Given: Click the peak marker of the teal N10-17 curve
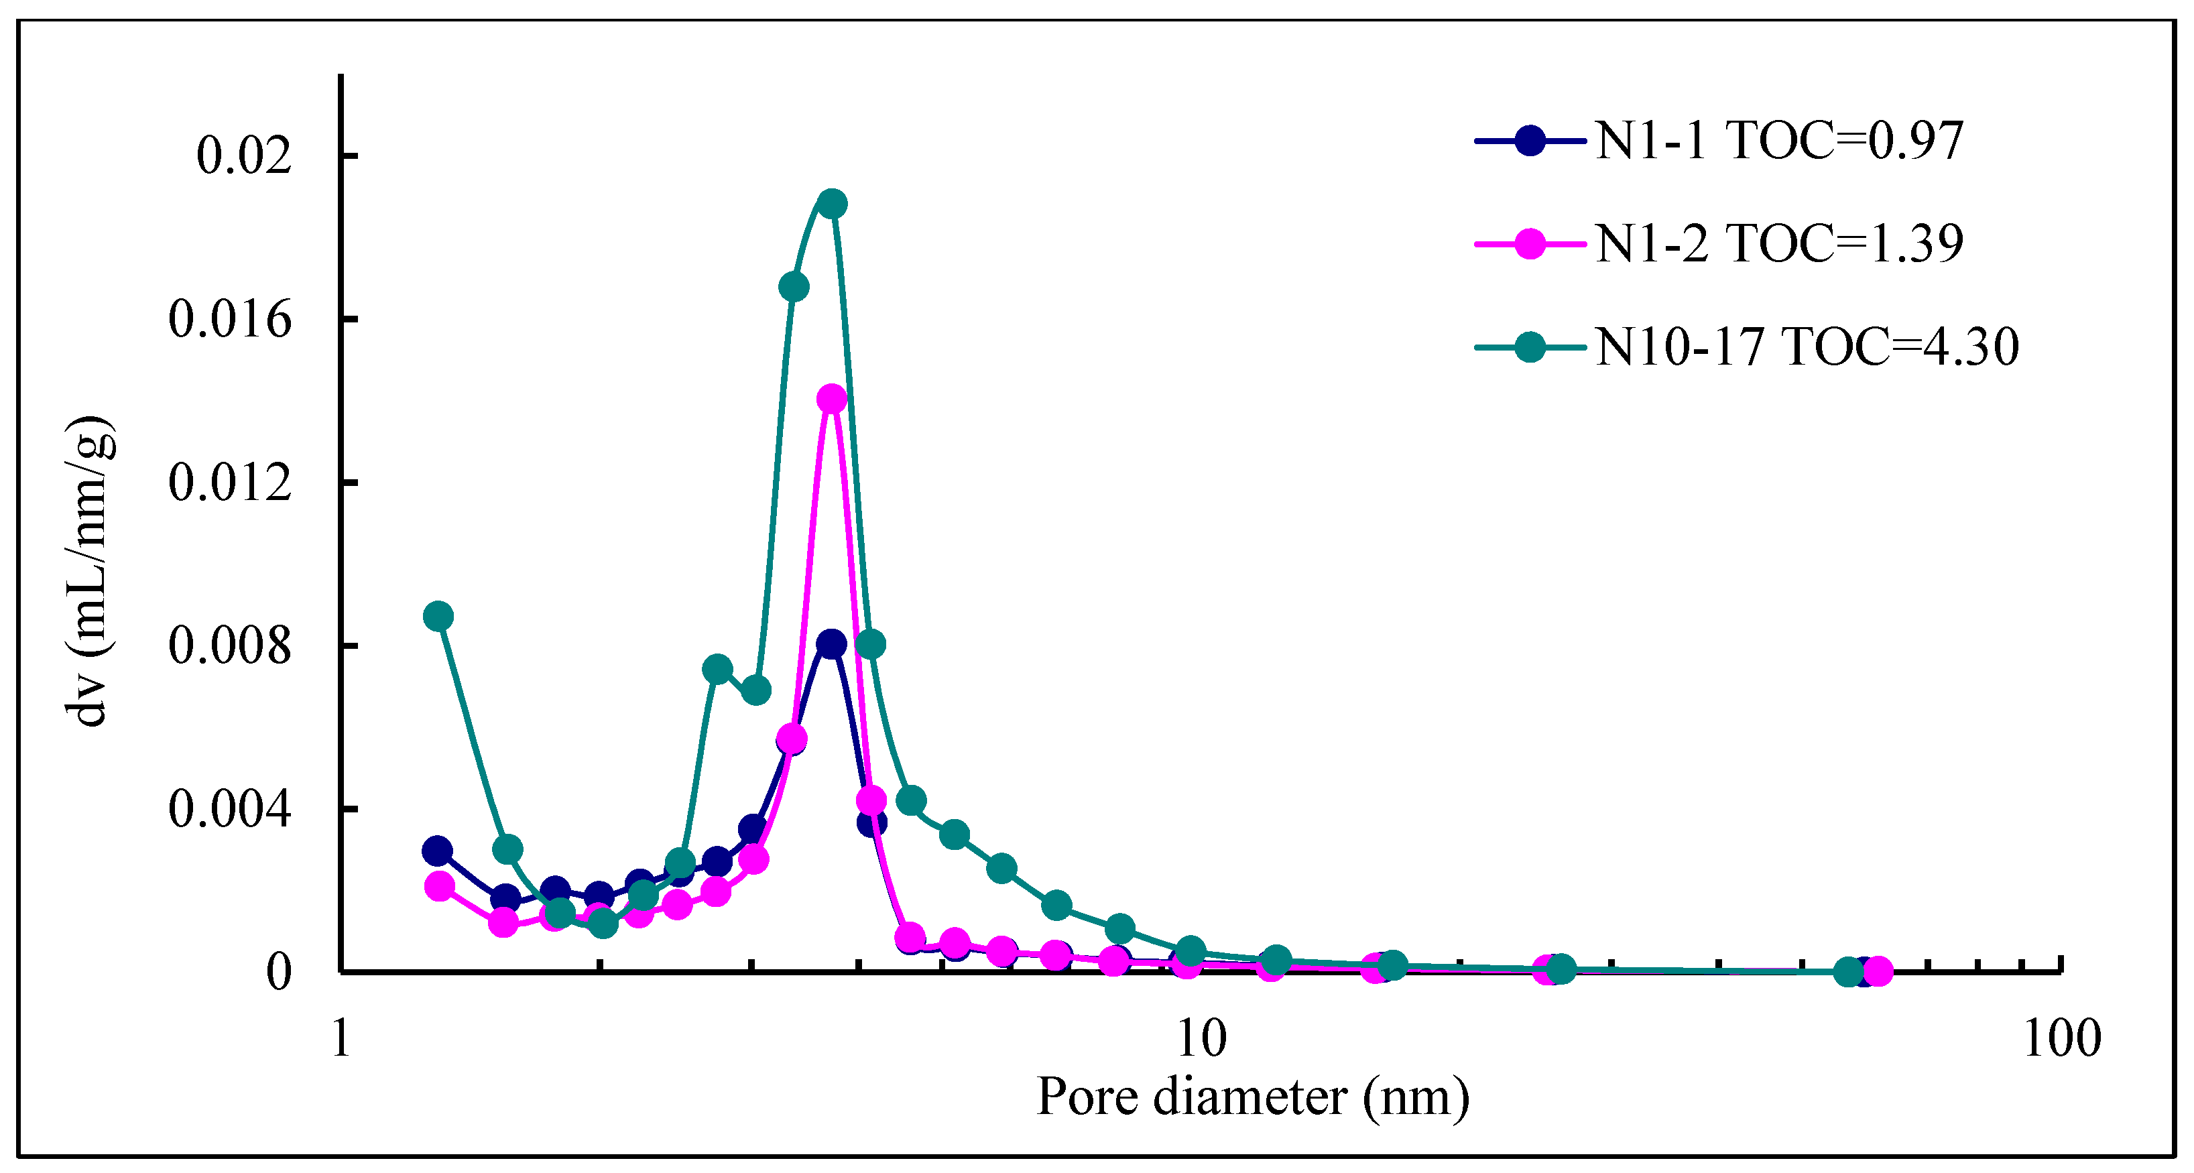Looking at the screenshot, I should tap(832, 204).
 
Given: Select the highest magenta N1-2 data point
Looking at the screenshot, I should tap(832, 399).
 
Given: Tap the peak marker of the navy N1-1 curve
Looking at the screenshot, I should tap(831, 644).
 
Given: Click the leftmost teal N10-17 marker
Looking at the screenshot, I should tap(438, 616).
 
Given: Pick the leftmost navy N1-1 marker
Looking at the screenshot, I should tap(437, 851).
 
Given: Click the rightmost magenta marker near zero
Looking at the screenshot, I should tap(1877, 971).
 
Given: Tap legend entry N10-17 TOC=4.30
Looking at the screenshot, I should tap(1807, 347).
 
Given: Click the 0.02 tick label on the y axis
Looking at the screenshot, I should tap(243, 156).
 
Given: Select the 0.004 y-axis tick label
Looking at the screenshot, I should tap(230, 808).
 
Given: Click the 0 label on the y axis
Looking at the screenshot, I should tap(278, 972).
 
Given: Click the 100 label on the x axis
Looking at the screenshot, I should tap(2061, 1038).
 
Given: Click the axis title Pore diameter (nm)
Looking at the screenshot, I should tap(1253, 1097).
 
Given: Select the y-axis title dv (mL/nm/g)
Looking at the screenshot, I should tap(88, 570).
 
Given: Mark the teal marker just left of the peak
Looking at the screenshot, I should tap(794, 287).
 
